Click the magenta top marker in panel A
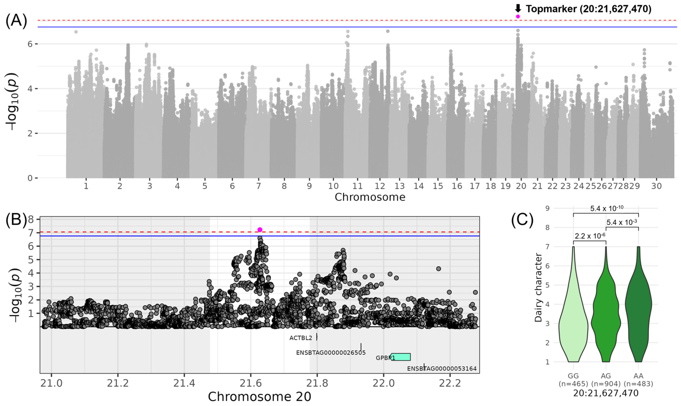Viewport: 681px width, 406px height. (518, 16)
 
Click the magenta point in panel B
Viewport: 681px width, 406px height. (260, 230)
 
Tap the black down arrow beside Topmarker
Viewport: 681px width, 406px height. (518, 8)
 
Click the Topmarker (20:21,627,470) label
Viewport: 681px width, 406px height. (589, 9)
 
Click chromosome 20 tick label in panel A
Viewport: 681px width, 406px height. (521, 186)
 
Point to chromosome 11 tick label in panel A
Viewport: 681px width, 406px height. (357, 186)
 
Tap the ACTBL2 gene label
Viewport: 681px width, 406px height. (300, 338)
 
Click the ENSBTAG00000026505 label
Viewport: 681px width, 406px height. (331, 353)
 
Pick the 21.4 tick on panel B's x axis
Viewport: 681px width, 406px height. (184, 383)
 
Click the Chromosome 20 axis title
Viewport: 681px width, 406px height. (260, 397)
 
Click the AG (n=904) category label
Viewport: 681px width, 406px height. (606, 380)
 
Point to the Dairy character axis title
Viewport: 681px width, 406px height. (538, 287)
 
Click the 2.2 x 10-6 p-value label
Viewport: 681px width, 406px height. (589, 236)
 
